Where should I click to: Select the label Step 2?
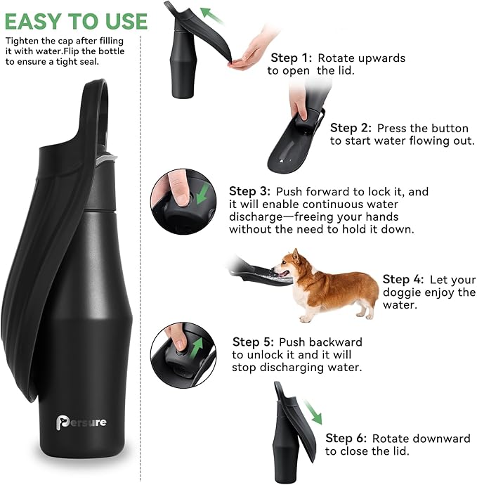click(x=351, y=128)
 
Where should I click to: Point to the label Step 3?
click(x=249, y=191)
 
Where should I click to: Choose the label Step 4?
click(x=403, y=279)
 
